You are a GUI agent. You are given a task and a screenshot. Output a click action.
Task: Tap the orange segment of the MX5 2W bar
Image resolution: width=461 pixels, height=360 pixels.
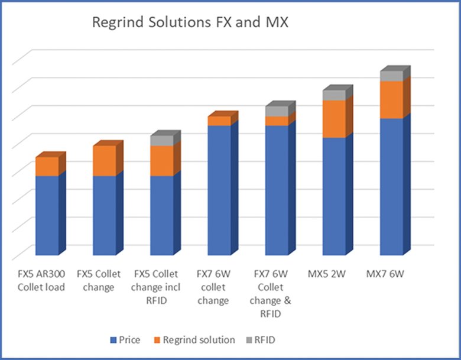point(334,119)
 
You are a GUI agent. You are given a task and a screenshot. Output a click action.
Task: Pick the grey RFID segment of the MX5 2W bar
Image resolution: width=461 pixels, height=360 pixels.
point(334,95)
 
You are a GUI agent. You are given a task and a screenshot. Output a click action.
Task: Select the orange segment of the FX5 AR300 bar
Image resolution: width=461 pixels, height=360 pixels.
point(47,166)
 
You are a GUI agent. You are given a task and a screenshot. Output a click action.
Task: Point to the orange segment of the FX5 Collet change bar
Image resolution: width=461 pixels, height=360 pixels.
point(105,161)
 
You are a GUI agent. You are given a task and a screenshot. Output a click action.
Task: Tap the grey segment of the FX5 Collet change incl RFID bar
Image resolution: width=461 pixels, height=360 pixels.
point(161,141)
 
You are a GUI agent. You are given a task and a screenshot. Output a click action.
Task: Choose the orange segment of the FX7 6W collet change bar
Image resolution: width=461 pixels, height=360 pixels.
point(219,121)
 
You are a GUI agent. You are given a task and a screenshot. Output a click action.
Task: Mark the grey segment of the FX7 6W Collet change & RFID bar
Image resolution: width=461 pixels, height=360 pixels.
point(276,111)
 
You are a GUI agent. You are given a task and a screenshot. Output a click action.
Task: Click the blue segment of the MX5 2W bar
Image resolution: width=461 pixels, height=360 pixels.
point(334,198)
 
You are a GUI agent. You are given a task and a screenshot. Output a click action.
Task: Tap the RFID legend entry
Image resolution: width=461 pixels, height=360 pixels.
point(262,340)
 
